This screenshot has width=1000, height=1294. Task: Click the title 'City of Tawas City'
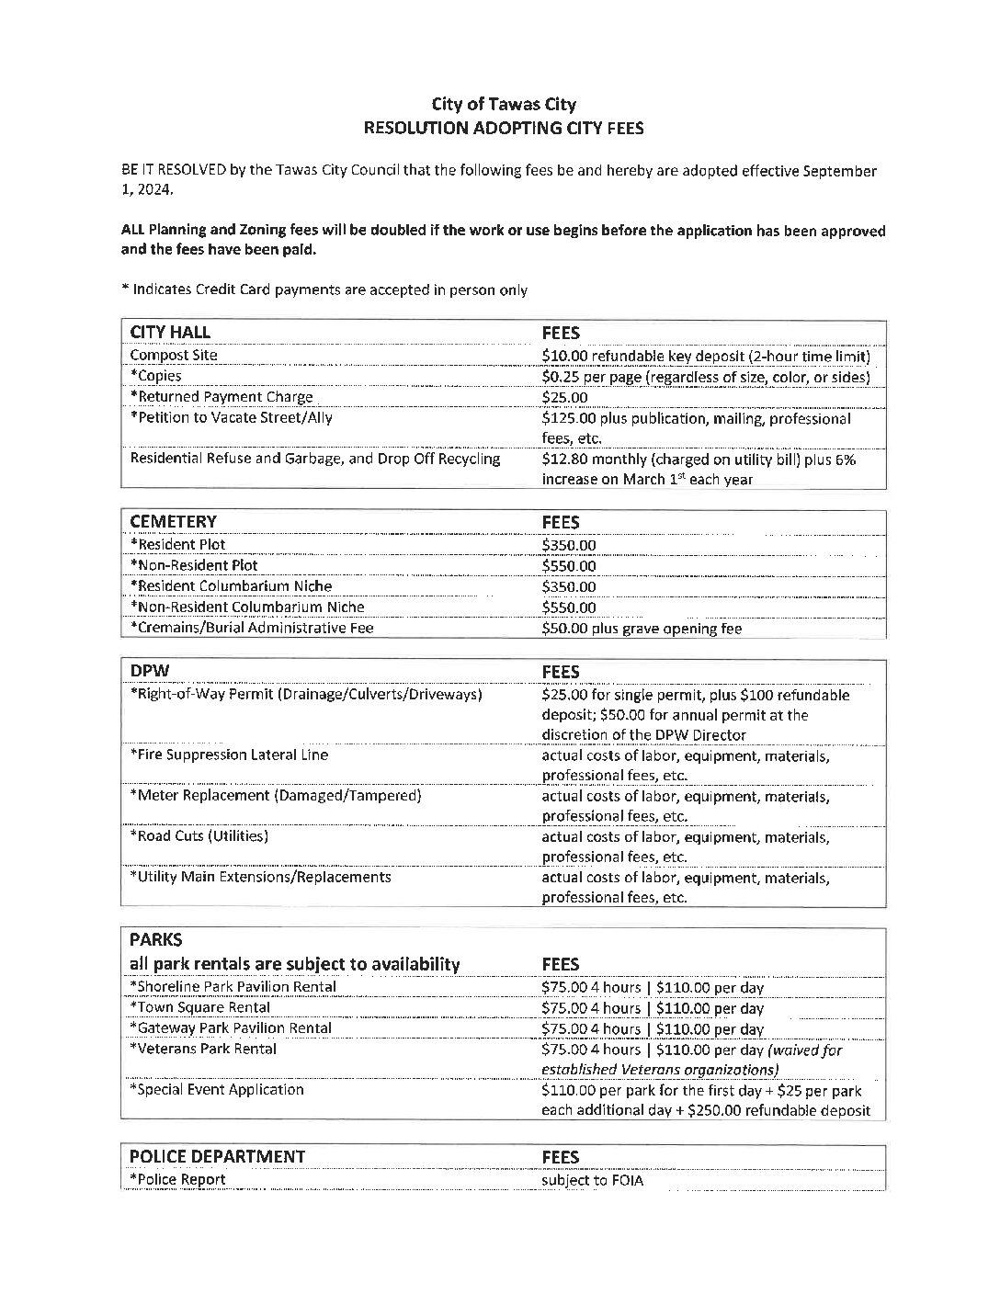click(503, 105)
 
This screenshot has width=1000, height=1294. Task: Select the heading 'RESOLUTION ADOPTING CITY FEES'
click(503, 129)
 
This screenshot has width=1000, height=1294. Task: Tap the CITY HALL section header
click(170, 333)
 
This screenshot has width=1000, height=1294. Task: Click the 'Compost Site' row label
click(174, 355)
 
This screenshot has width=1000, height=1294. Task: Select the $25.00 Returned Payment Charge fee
click(565, 398)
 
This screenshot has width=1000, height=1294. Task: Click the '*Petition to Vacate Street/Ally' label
click(232, 417)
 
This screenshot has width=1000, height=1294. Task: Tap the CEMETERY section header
click(173, 522)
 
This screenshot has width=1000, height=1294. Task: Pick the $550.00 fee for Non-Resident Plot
click(569, 566)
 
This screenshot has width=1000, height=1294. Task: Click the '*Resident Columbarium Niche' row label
click(231, 585)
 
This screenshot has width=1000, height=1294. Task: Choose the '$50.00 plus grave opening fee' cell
click(642, 629)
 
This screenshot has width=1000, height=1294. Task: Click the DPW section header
click(150, 671)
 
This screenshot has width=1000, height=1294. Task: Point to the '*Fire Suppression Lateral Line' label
click(229, 755)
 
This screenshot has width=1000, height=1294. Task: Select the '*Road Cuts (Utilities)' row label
click(199, 836)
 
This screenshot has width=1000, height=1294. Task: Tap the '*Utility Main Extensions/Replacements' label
click(260, 877)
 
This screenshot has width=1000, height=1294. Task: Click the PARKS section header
click(156, 940)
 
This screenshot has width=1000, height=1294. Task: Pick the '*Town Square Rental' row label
click(200, 1007)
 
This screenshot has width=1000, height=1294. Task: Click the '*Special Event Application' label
click(217, 1089)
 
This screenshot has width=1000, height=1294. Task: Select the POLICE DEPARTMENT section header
click(217, 1156)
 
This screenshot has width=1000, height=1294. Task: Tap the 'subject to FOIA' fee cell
click(593, 1180)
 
